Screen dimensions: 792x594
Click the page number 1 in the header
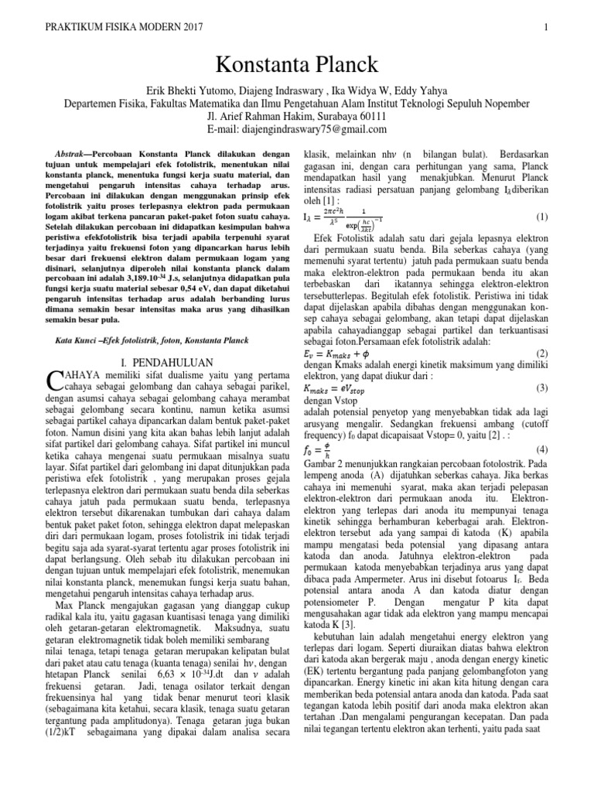coord(546,29)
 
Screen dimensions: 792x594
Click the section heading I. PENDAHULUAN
coord(159,362)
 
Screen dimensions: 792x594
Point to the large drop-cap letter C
coord(54,380)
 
